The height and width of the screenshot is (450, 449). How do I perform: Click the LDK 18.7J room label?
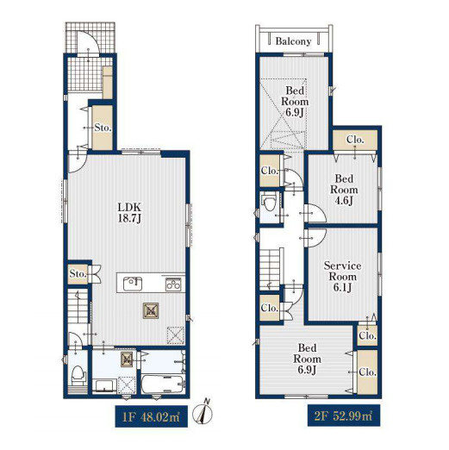pos(130,213)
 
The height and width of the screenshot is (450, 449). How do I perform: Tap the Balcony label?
pos(293,41)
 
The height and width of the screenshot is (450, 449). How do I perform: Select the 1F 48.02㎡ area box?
pos(152,416)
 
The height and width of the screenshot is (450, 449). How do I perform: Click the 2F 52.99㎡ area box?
pos(344,416)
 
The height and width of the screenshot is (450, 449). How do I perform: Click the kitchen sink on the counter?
pos(133,284)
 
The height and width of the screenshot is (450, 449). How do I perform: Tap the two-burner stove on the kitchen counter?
pos(173,284)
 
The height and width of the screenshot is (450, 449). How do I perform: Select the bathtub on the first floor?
pos(163,384)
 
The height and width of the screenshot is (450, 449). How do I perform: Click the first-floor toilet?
pos(78,374)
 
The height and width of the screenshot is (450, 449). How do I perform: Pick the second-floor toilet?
pos(269,203)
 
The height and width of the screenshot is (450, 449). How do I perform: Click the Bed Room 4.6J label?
pos(344,190)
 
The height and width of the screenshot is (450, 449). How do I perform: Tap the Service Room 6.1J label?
pos(342,276)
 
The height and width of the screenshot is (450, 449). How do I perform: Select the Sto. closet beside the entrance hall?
pos(103,128)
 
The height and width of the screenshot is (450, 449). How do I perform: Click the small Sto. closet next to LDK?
pos(78,273)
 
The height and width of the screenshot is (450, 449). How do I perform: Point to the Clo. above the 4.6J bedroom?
pos(355,140)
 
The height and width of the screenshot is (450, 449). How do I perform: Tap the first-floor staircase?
pos(78,305)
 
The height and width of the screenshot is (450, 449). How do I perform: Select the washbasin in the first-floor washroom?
pos(105,386)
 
